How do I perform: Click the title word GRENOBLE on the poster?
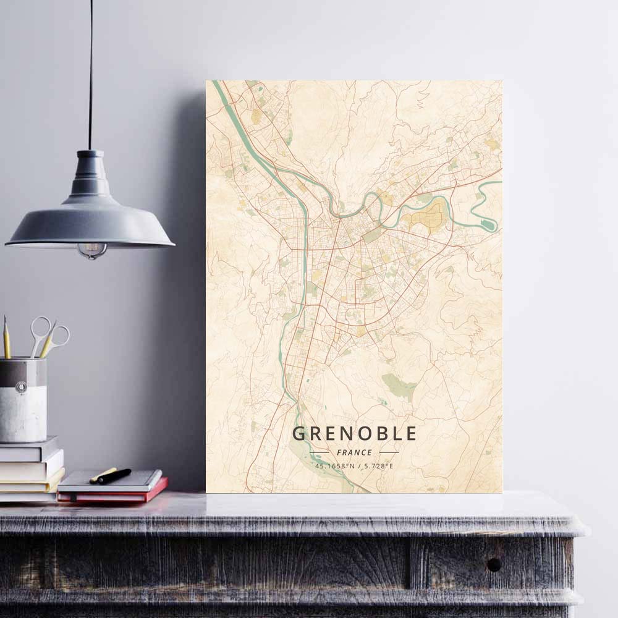tap(354, 433)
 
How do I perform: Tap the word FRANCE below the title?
tap(354, 452)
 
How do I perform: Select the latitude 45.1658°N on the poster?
tap(334, 466)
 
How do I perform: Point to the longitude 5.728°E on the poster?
tap(378, 466)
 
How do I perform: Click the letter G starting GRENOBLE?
tap(298, 433)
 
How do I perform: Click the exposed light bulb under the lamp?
tap(92, 250)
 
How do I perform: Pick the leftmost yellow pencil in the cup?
tap(7, 338)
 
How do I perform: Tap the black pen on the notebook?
tap(114, 476)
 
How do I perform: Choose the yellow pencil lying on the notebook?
tap(103, 475)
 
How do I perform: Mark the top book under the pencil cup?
tap(30, 448)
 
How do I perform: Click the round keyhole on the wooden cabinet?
tap(494, 564)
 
